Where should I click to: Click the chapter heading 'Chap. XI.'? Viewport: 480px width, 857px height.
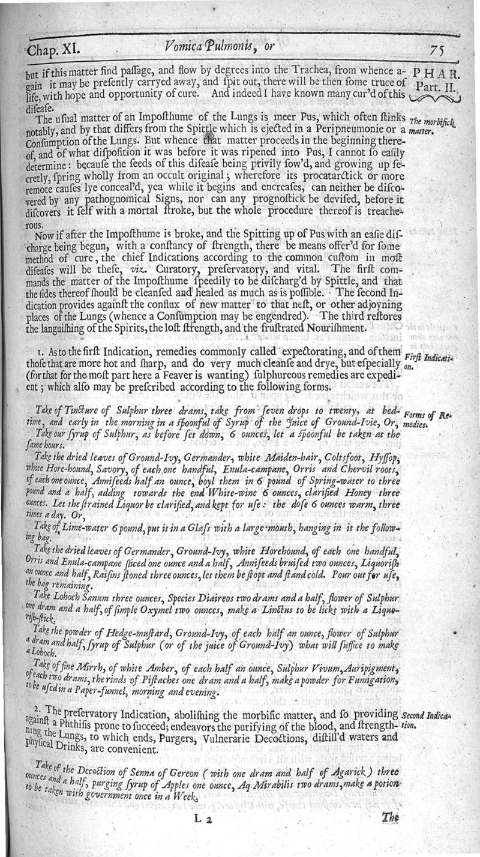pyautogui.click(x=52, y=47)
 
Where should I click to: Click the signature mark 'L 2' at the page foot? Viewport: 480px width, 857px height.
pyautogui.click(x=206, y=817)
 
